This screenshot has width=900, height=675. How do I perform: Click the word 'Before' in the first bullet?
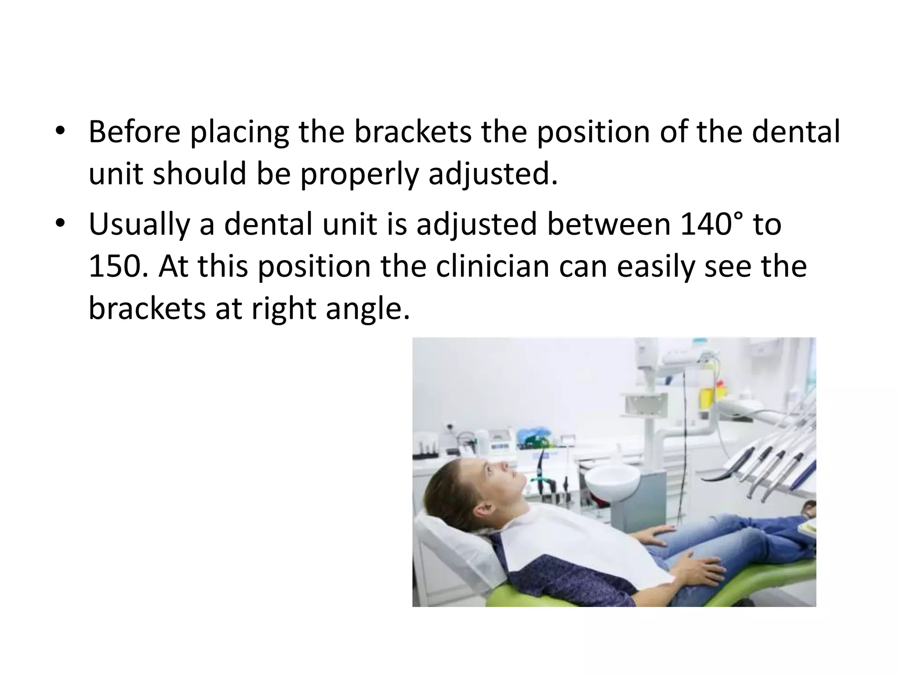(x=134, y=132)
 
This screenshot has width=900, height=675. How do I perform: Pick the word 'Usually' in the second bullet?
(x=138, y=224)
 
